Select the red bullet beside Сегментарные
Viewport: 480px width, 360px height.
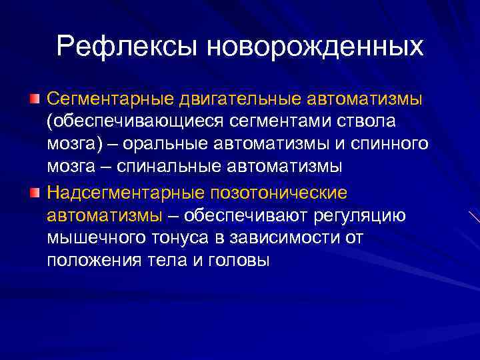click(x=34, y=99)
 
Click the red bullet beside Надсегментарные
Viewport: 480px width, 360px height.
click(x=34, y=193)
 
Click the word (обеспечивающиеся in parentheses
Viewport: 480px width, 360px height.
click(x=133, y=122)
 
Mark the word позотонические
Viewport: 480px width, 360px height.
click(x=279, y=193)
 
